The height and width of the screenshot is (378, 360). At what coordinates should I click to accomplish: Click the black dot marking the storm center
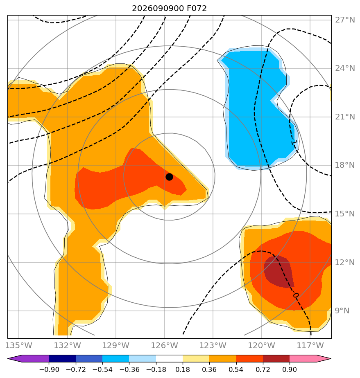point(169,177)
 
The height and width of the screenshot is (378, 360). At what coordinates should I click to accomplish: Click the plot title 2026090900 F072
point(169,9)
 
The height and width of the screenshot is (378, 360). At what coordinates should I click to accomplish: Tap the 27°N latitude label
point(345,20)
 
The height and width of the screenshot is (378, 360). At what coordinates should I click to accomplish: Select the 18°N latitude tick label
point(345,165)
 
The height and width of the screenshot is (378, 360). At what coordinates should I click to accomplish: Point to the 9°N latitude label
point(342,311)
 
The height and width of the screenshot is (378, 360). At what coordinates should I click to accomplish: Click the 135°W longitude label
point(19,345)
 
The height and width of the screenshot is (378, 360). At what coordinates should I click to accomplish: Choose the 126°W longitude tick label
point(165,345)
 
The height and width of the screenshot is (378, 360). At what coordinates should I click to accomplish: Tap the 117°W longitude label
point(310,345)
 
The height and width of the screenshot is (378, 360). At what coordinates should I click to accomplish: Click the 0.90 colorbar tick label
point(289,369)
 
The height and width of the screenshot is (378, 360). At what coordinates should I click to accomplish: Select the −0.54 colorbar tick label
point(102,369)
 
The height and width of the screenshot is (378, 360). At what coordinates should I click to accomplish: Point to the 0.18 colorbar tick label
point(182,369)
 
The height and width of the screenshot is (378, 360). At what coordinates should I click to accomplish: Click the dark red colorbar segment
point(276,358)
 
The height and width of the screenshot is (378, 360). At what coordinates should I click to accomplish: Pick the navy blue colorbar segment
point(62,358)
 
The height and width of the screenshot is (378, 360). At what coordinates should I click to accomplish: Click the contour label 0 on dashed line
point(296,295)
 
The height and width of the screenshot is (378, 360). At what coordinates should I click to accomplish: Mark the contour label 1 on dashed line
point(294,143)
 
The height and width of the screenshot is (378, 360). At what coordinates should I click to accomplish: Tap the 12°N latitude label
point(345,262)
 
